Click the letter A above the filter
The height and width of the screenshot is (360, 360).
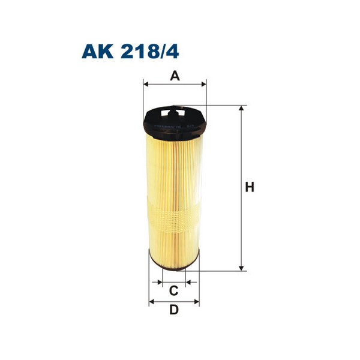pyautogui.click(x=174, y=76)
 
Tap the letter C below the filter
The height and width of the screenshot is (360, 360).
pyautogui.click(x=173, y=292)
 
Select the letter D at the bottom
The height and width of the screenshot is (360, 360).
pyautogui.click(x=174, y=310)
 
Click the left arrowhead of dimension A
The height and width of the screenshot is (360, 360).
pyautogui.click(x=146, y=85)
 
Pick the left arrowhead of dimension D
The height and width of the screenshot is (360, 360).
pyautogui.click(x=152, y=301)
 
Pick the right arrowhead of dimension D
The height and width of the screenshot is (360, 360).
pyautogui.click(x=196, y=301)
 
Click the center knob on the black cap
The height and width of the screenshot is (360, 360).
pyautogui.click(x=175, y=110)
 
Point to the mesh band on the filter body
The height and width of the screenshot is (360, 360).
pyautogui.click(x=174, y=213)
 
